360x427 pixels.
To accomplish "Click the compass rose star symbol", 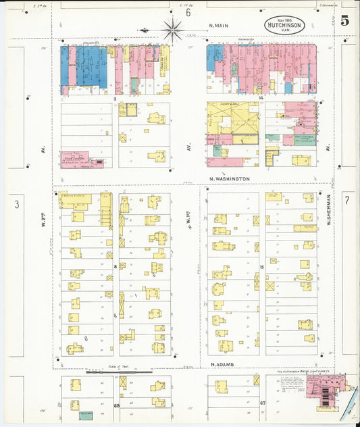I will coord(173,29).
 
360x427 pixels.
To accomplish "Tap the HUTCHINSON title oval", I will coord(284,25).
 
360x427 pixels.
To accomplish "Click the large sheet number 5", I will coord(344,20).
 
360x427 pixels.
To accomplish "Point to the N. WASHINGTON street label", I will coord(230,179).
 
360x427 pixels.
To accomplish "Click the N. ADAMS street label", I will coord(222,365).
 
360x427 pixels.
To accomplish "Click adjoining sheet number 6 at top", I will coord(188,12).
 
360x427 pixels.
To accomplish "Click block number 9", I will coord(115,99).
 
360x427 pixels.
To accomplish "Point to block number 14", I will coord(260,99).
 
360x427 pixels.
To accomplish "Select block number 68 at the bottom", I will coord(116,405).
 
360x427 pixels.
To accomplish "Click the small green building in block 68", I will coord(86,415).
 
